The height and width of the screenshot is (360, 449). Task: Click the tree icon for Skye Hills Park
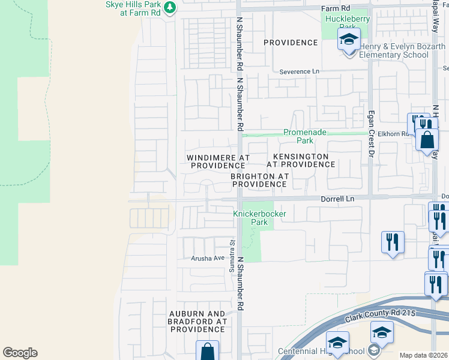tap(170, 7)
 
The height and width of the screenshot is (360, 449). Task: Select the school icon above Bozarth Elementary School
tap(348, 41)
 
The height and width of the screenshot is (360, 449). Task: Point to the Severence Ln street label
tap(300, 71)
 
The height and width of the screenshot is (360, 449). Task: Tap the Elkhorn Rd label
tap(396, 134)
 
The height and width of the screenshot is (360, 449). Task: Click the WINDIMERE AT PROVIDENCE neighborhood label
tap(217, 161)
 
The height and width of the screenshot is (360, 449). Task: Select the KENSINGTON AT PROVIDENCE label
tap(297, 160)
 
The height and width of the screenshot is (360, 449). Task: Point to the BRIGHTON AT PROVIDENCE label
tap(260, 180)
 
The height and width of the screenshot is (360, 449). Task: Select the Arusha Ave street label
tap(207, 258)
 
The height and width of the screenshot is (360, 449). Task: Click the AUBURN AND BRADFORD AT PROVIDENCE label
tap(197, 322)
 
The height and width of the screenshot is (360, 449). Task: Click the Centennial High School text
tap(321, 352)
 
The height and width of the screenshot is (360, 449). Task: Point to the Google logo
tap(20, 353)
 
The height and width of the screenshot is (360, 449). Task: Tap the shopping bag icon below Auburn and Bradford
tap(207, 350)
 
